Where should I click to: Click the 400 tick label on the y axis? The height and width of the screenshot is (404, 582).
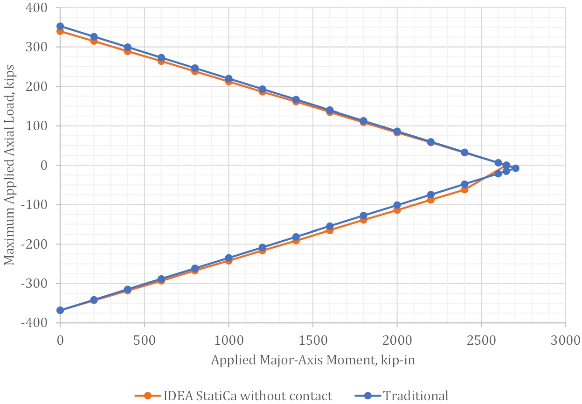click(36, 8)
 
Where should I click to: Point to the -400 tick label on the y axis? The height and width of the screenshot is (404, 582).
click(34, 323)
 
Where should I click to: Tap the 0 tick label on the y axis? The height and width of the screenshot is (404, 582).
click(44, 165)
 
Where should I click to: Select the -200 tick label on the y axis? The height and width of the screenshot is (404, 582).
click(34, 244)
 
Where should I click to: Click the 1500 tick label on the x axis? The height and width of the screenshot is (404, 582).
click(313, 340)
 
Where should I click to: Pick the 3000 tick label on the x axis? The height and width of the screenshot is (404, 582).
click(565, 340)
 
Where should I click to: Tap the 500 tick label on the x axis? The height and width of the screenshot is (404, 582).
click(145, 340)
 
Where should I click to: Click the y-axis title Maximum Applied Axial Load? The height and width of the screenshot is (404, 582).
click(9, 165)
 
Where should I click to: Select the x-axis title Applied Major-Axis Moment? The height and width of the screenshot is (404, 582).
click(313, 360)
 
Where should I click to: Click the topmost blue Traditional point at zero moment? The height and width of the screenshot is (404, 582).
click(60, 26)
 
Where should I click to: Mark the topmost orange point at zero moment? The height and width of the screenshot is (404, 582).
click(60, 31)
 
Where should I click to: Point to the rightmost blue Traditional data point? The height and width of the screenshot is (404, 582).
click(516, 168)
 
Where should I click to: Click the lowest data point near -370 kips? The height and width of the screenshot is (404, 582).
click(60, 310)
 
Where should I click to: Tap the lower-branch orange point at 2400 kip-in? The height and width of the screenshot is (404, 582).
click(464, 190)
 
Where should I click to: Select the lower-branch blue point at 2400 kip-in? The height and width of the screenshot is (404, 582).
click(464, 184)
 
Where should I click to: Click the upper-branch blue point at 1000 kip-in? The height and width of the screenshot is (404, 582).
click(229, 79)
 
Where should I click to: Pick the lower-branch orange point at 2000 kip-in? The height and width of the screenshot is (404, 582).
click(397, 210)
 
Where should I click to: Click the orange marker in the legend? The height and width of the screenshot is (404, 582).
click(147, 396)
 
